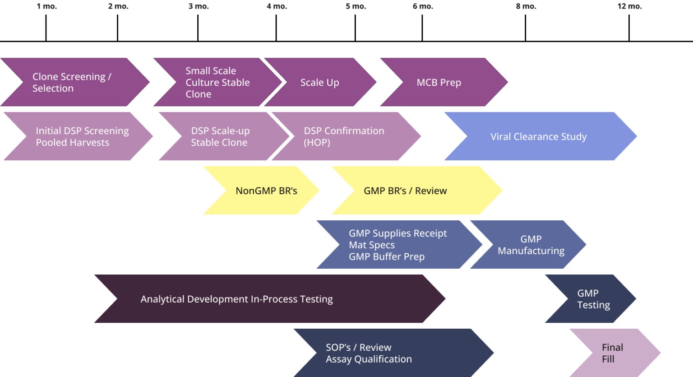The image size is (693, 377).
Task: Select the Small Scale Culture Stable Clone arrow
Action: [x=217, y=82]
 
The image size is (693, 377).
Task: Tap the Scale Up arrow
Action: [x=320, y=82]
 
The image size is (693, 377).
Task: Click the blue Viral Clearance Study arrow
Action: [x=539, y=136]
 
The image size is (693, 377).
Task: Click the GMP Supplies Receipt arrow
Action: [x=397, y=245]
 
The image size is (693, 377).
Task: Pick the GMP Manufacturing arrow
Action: [x=531, y=245]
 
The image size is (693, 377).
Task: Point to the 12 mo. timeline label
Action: [x=629, y=6]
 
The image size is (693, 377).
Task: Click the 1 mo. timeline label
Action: [x=46, y=6]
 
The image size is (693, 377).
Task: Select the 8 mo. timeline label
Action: [x=526, y=6]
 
